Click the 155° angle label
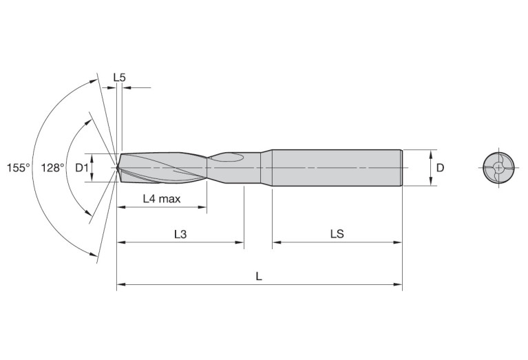(18, 167)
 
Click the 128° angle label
(52, 167)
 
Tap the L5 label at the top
(119, 78)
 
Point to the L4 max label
(161, 199)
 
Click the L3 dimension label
(180, 234)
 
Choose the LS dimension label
(337, 234)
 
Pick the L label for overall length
(258, 276)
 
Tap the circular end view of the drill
(496, 167)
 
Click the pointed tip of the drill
(118, 167)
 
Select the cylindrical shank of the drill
(337, 167)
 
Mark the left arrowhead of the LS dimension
(277, 242)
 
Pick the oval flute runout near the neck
(226, 158)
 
